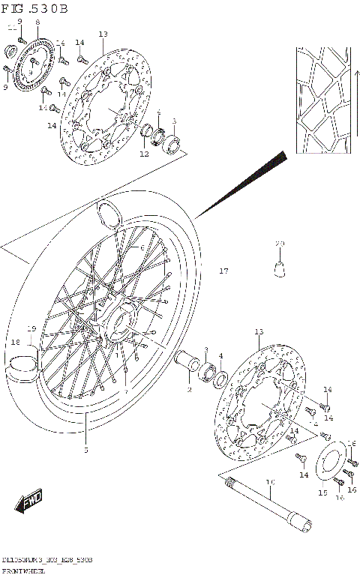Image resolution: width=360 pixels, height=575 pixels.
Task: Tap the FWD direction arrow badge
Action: coord(28,502)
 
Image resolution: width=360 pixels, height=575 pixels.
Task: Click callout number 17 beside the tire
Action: coord(223,271)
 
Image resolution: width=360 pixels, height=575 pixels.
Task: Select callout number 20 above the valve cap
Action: coord(280,244)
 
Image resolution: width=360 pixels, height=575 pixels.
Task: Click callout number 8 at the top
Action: coord(37,23)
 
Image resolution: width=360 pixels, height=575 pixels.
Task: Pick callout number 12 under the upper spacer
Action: coord(144,154)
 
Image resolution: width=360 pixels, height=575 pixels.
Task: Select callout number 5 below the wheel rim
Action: coord(85,450)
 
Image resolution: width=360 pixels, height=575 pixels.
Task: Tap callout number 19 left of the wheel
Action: coord(31,328)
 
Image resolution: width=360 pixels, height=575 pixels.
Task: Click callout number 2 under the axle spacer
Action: coord(190,390)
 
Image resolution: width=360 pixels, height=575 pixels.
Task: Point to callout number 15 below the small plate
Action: coord(322,493)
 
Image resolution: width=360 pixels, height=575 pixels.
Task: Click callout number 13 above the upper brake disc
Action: coord(103,34)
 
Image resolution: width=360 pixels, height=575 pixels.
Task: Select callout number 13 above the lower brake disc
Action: coord(259,331)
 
